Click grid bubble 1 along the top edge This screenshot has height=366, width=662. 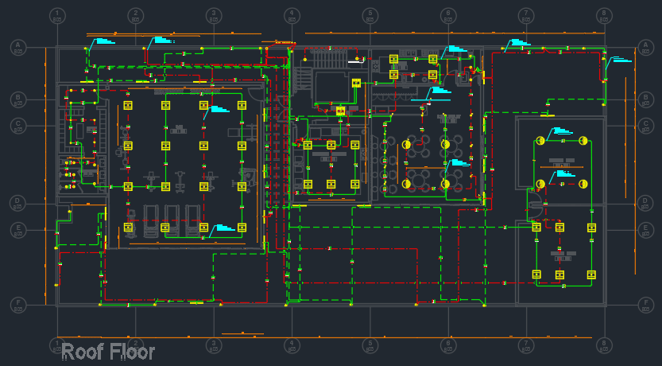(57, 16)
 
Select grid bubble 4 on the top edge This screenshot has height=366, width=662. (292, 16)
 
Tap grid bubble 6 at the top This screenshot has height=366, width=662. (448, 16)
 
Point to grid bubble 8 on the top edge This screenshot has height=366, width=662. (604, 16)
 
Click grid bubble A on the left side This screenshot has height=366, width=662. (17, 48)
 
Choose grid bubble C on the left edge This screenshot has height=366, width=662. (17, 125)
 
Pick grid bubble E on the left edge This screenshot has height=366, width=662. (17, 230)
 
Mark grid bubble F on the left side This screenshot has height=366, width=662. (17, 305)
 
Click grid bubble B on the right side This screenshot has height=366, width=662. (645, 100)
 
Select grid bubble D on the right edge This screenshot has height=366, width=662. (645, 204)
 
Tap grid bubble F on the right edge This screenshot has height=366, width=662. (645, 305)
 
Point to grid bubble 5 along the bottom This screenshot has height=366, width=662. (370, 345)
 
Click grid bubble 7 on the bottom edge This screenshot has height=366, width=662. (526, 345)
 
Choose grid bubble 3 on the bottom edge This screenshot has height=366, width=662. (214, 345)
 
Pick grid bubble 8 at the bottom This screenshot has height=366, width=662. (604, 345)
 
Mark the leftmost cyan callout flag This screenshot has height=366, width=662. (103, 41)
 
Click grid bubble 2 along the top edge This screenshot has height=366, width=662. (136, 16)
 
